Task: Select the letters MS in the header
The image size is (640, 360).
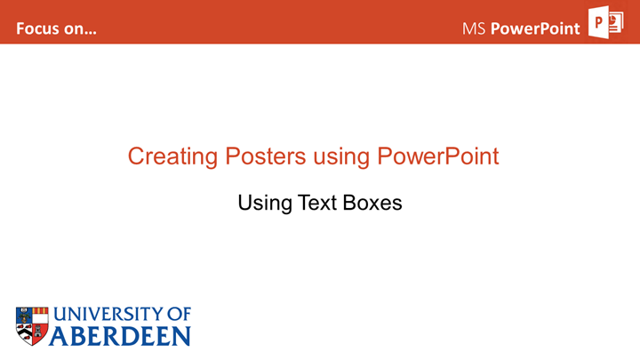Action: (x=474, y=28)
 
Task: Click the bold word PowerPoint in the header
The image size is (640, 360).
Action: (x=535, y=28)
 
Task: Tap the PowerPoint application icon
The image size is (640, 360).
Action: (x=605, y=22)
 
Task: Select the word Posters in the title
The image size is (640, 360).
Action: (x=265, y=156)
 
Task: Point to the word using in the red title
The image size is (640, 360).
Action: (x=341, y=157)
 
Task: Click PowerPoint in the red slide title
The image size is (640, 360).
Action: (x=438, y=156)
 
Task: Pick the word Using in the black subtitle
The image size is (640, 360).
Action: (x=265, y=204)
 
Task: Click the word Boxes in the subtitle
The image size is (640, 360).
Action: (x=372, y=203)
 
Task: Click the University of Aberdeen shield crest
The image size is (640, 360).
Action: (x=32, y=326)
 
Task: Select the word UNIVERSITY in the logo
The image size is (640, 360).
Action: (x=108, y=315)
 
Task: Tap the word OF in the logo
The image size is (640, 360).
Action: (x=179, y=315)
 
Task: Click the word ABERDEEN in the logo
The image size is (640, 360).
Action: (x=120, y=336)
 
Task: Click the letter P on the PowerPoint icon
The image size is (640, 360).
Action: (x=599, y=22)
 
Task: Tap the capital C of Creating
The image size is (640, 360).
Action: (x=137, y=156)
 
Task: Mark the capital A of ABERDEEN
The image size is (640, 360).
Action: (x=59, y=336)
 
